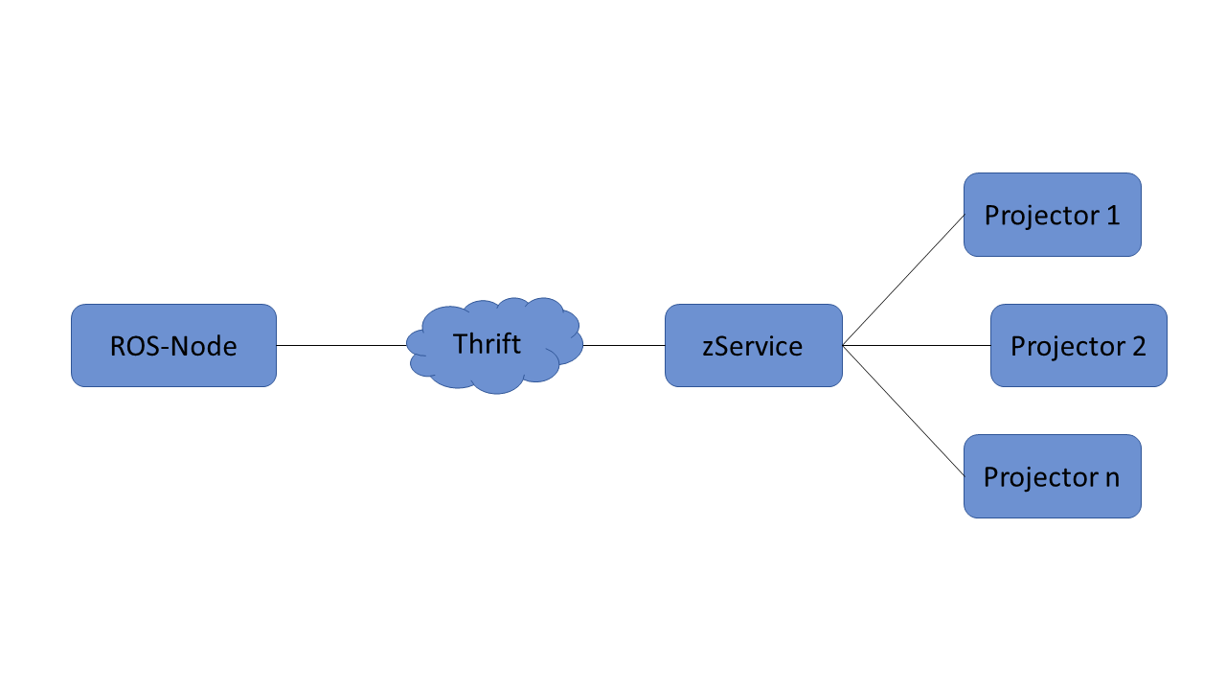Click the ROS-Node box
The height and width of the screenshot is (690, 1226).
173,346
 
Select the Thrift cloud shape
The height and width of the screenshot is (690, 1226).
495,346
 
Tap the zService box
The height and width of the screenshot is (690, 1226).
754,346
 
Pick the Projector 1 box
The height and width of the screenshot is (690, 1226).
1053,215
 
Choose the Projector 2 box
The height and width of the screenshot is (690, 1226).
1078,346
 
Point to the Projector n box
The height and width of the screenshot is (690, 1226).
1053,476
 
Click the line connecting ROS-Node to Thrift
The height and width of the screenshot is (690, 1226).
342,346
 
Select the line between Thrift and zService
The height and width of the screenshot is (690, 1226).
624,346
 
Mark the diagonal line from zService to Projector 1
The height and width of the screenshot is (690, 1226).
903,280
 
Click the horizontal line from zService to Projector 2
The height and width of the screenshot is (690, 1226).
917,346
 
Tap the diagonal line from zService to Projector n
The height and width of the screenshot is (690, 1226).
903,411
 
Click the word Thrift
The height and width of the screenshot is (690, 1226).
487,344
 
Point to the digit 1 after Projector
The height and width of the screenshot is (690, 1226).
1113,216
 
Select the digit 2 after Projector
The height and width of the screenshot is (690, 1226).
1139,346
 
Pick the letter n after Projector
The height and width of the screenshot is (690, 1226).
1112,478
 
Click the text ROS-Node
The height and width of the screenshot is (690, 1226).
173,346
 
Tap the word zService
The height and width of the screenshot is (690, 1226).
753,346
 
